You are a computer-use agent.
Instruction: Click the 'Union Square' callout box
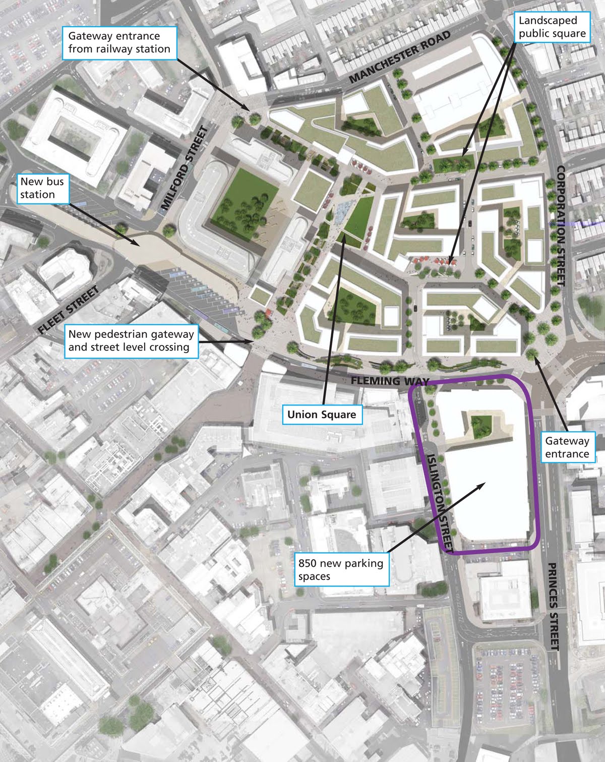point(321,415)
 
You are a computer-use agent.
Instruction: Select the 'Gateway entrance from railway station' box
point(119,43)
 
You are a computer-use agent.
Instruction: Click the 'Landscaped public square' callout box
point(552,27)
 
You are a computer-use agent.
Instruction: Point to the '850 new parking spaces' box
point(341,570)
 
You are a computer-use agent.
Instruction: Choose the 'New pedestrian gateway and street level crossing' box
point(131,341)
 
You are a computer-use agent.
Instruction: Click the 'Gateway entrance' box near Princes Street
point(567,447)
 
